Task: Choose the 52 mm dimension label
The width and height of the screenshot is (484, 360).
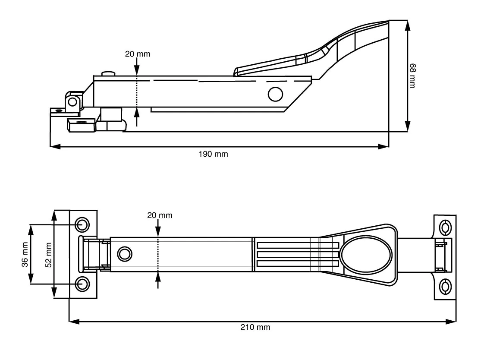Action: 48,255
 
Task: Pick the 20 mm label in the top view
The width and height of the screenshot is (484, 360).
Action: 160,215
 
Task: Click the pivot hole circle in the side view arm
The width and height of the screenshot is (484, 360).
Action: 275,94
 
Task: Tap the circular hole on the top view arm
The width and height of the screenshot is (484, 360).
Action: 124,253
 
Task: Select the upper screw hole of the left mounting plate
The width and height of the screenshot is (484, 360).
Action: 82,224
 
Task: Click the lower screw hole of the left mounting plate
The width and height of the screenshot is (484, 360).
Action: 82,284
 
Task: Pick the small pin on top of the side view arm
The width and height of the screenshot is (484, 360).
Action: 107,74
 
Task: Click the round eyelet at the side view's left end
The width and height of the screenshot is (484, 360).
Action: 73,102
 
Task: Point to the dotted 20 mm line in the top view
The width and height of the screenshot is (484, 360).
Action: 159,254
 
